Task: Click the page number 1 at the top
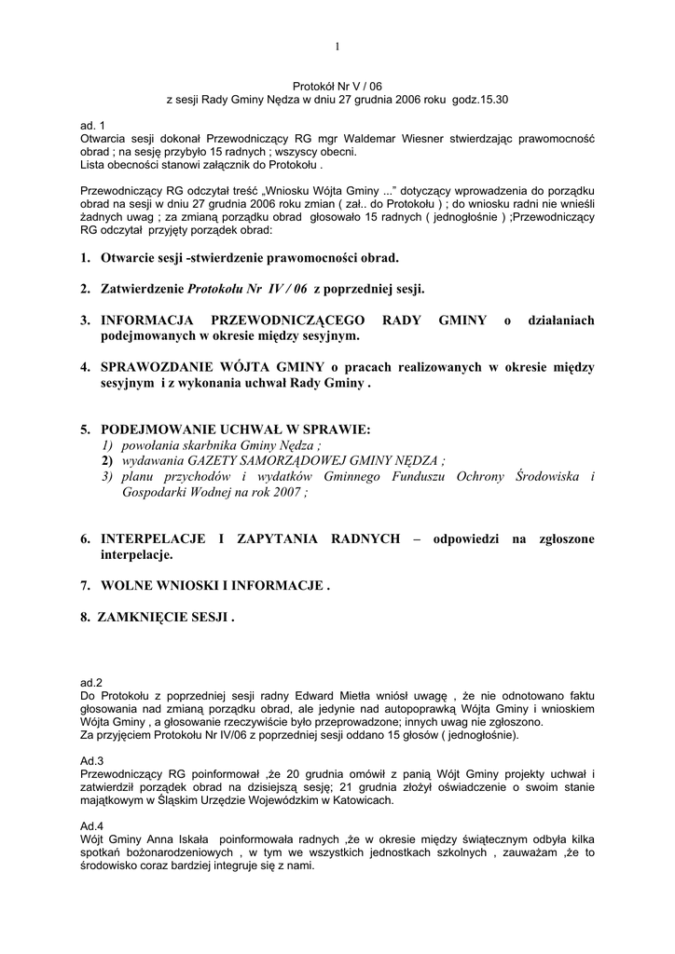(337, 47)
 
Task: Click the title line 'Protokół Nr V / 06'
(337, 84)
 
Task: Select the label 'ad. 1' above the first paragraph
(94, 125)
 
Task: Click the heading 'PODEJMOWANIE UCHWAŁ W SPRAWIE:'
(235, 429)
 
